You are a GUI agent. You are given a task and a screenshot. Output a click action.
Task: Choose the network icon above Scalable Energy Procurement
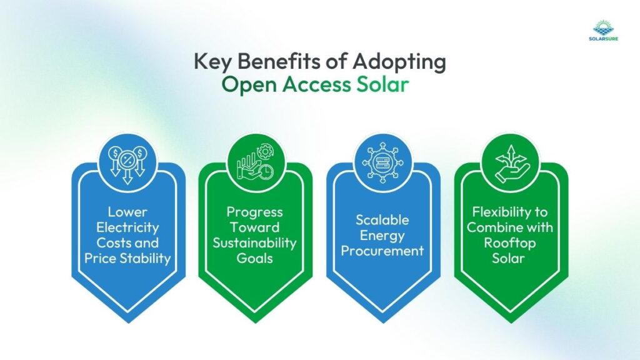tap(383, 165)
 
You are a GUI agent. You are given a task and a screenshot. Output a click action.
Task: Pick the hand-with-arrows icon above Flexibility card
tap(511, 165)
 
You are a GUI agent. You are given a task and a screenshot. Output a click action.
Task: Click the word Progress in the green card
tap(254, 212)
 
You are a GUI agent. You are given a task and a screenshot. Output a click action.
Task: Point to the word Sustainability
tap(254, 242)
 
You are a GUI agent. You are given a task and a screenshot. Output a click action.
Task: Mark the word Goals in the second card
tap(254, 257)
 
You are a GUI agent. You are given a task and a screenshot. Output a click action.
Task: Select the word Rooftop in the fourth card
tap(511, 242)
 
